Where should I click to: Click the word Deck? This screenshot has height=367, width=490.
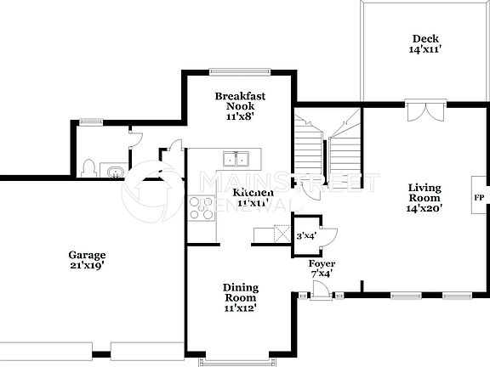coord(424,38)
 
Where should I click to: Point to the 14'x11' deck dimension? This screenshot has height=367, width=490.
coord(424,50)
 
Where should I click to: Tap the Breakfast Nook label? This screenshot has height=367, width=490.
coord(240,102)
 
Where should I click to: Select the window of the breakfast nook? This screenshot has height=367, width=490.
coord(240,71)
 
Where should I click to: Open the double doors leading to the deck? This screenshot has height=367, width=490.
coord(424,111)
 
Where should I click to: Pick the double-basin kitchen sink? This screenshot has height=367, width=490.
coord(236,158)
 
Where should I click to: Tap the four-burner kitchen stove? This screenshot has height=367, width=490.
coord(202,206)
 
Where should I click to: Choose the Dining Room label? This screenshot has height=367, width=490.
coord(240,293)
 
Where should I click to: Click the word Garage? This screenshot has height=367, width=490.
coord(87,255)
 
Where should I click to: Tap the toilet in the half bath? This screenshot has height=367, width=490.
coord(90,167)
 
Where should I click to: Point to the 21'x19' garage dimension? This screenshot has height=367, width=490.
coord(87,266)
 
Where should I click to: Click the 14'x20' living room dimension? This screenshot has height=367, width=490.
coord(424,208)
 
